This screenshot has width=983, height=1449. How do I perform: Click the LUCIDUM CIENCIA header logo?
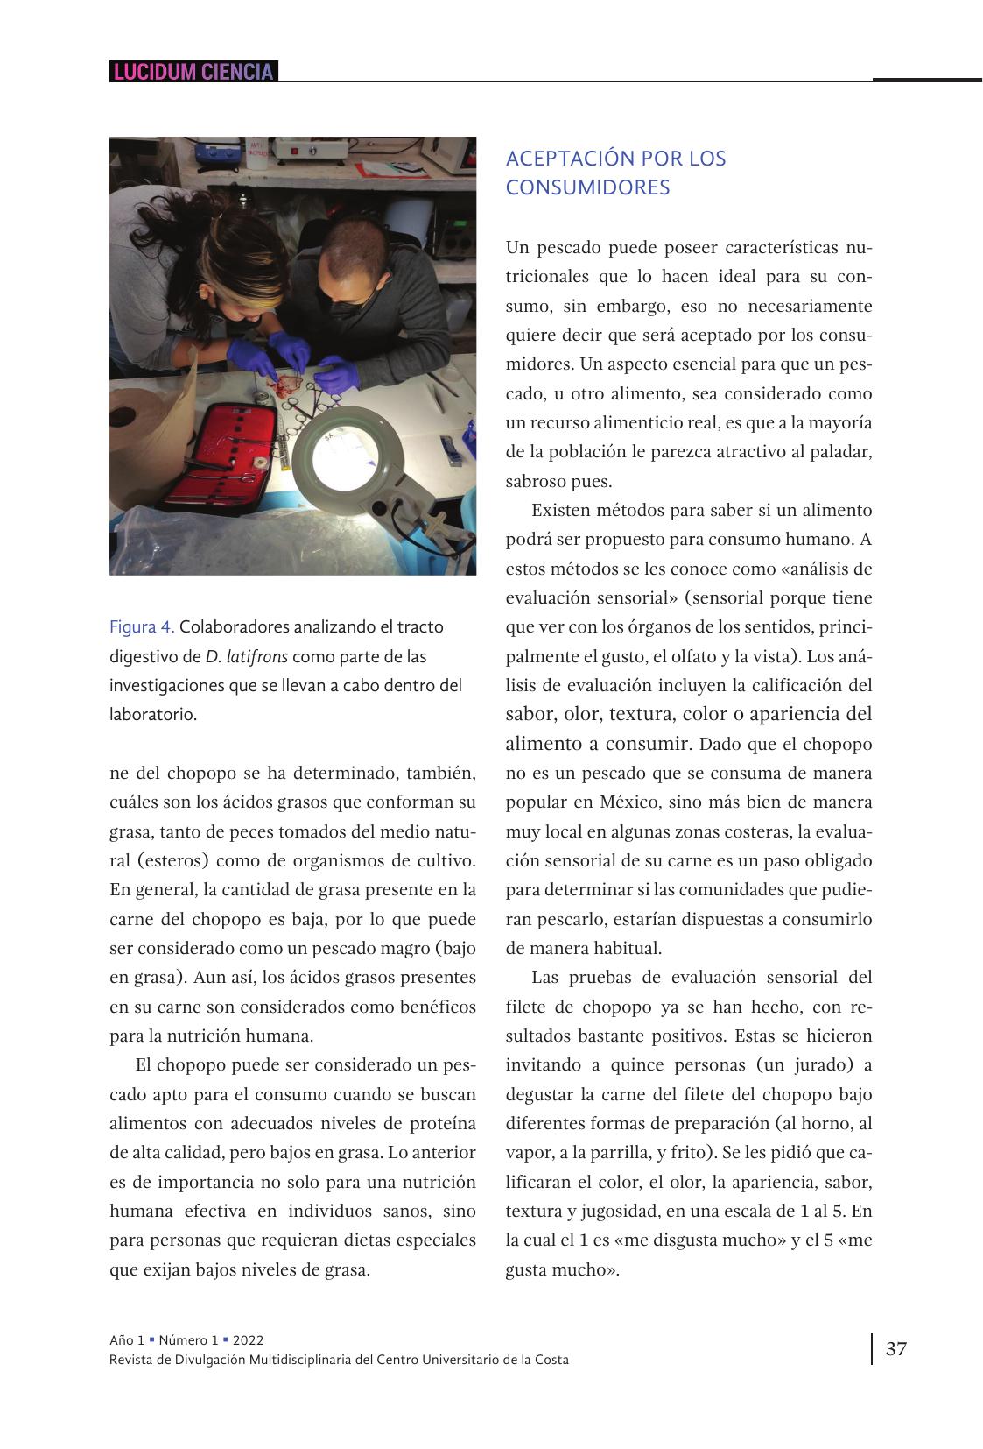tap(193, 72)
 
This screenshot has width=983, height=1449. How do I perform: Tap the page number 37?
tap(896, 1348)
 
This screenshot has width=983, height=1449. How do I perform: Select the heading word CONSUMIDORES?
tap(587, 187)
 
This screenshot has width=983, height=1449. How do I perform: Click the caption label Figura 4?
tap(142, 627)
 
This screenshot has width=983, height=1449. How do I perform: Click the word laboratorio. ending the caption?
tap(153, 714)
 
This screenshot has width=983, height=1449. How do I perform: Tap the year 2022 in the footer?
tap(248, 1340)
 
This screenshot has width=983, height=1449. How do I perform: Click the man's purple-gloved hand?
tap(336, 374)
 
